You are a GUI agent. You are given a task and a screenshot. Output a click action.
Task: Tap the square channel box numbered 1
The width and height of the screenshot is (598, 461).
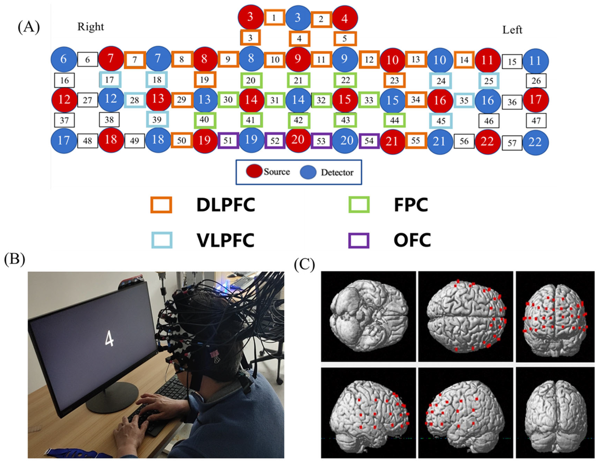coord(274,18)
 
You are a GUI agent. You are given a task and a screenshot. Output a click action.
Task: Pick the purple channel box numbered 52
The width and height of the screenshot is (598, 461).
coord(275,141)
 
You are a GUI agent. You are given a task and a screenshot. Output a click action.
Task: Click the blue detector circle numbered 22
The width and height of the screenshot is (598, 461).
coord(535,142)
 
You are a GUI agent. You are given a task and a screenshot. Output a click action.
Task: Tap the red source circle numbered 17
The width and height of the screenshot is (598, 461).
coord(536,100)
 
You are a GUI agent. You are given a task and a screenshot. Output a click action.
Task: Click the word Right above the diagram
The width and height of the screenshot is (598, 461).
coord(91,27)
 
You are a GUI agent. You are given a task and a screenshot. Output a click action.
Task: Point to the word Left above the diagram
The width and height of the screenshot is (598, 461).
coord(512,30)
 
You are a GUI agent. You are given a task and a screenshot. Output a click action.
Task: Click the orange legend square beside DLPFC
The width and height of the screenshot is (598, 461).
coord(161,205)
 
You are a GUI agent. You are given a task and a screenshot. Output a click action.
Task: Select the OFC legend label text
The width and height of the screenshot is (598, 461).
coord(412,240)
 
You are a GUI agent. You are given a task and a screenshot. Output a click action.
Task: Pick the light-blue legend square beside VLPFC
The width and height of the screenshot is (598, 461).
coord(162,240)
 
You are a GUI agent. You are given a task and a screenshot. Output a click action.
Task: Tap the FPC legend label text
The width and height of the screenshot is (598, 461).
coord(411,205)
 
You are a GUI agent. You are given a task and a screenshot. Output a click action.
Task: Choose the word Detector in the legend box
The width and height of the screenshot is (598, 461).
coord(337,173)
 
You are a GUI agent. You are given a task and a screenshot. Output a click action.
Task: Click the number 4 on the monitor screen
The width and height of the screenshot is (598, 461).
coord(109,339)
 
